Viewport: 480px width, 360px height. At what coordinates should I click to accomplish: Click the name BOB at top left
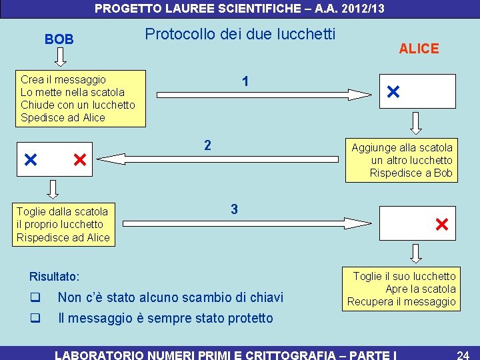click(x=59, y=39)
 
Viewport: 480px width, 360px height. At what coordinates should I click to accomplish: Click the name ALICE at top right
click(x=419, y=49)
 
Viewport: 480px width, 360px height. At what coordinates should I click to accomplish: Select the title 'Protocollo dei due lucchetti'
click(x=240, y=34)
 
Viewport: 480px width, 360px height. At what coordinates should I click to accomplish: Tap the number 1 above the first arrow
click(x=246, y=81)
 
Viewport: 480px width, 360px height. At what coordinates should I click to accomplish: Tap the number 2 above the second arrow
click(x=207, y=145)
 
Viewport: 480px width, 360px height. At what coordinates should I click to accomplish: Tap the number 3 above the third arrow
click(x=234, y=209)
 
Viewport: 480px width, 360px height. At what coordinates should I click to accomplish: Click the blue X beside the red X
click(x=29, y=160)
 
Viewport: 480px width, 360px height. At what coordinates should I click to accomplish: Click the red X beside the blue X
click(x=79, y=160)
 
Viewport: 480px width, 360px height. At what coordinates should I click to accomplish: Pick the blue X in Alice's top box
click(x=393, y=91)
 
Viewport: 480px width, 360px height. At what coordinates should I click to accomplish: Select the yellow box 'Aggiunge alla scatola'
click(x=401, y=160)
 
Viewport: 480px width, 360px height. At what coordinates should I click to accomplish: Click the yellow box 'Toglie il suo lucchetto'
click(x=401, y=289)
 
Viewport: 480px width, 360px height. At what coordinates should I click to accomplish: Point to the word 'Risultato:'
click(x=55, y=276)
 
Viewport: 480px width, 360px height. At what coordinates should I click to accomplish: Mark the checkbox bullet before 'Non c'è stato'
click(x=35, y=297)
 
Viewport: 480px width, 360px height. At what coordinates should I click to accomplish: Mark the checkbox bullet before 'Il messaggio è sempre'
click(x=35, y=318)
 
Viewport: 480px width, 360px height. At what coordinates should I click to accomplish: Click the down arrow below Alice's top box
click(x=417, y=123)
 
